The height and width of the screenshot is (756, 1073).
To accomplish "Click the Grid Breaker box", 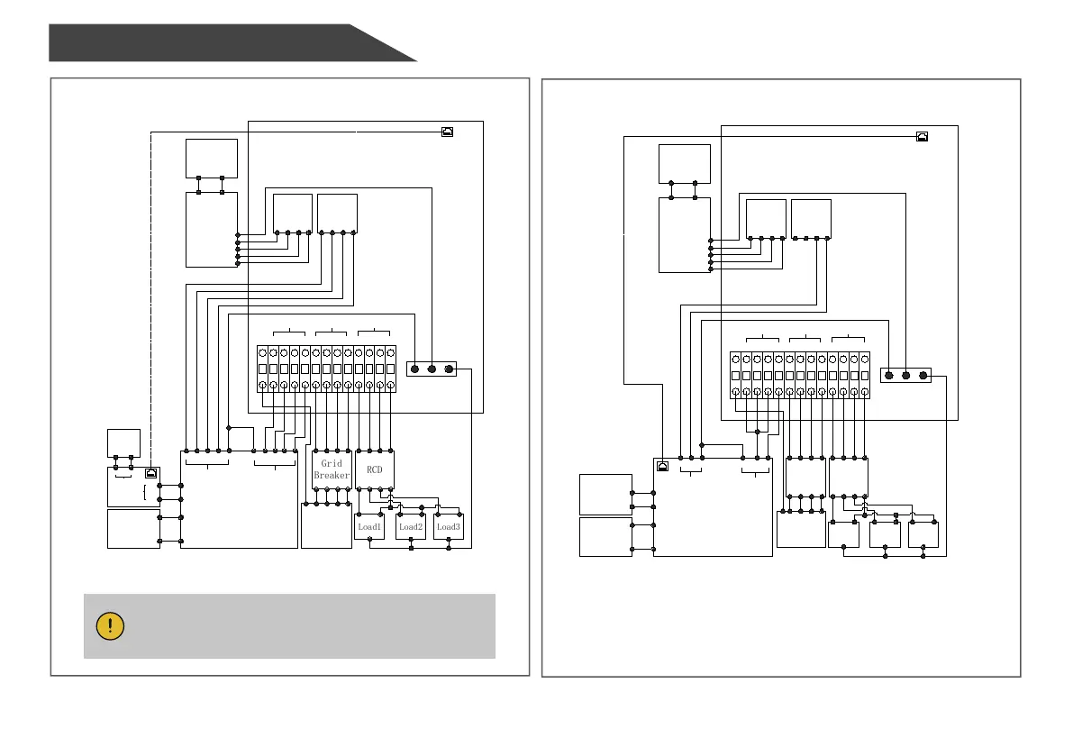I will click(332, 469).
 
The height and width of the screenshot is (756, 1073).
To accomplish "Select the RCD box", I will click(375, 469).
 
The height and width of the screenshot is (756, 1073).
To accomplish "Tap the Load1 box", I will click(370, 526).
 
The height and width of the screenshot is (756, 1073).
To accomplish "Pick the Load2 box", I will click(411, 526).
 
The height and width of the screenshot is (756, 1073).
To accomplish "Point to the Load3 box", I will click(449, 526).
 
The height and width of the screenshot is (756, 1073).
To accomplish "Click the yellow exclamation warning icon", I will click(110, 626).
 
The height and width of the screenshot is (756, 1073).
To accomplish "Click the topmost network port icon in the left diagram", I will click(448, 132).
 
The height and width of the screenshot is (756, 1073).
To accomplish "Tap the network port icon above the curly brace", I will click(151, 472).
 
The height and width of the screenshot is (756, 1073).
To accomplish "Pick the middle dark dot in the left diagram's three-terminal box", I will click(432, 369).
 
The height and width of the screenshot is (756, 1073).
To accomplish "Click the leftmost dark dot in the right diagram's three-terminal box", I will click(888, 375).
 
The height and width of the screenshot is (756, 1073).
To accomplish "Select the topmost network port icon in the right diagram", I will click(921, 137).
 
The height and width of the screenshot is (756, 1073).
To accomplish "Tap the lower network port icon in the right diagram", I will click(662, 466).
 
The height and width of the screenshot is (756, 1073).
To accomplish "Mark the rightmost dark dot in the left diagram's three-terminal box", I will click(449, 369).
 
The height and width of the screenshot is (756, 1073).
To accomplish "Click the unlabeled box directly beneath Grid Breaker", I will click(325, 524).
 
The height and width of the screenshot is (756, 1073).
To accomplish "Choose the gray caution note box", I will click(289, 625).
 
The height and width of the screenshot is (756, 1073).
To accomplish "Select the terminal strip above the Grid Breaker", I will click(326, 369).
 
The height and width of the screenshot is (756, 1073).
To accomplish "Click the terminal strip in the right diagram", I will click(799, 375).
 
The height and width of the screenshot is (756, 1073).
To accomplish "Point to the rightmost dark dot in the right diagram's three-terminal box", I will click(923, 375).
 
